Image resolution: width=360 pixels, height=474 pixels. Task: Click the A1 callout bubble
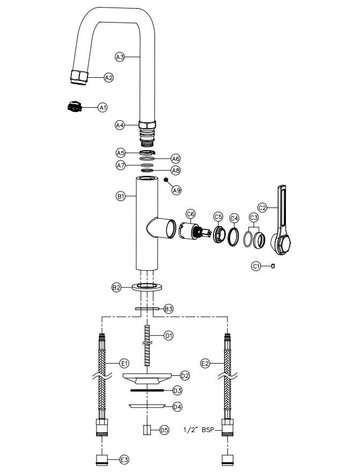coord(102,108)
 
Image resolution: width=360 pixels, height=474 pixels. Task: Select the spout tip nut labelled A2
coord(79,77)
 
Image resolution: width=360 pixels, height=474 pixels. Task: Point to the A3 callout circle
coord(120,56)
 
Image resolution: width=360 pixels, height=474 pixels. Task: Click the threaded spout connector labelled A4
coord(146,132)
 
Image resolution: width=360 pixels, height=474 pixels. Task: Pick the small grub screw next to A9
coord(167,180)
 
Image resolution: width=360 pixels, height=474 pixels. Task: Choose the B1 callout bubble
coord(121,197)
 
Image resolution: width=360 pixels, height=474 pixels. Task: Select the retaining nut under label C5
coord(218,235)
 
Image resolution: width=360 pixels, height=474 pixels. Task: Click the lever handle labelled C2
coord(282,225)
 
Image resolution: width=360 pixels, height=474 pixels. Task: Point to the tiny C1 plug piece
coord(273,265)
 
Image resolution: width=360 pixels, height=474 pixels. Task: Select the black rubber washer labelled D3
coord(146,390)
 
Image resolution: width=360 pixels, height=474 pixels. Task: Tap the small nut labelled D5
coord(147,429)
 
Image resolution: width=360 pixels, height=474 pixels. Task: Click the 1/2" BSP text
coord(199,429)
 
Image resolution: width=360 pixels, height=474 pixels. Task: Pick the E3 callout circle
coord(124,460)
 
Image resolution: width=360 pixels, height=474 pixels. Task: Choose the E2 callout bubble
coord(204,364)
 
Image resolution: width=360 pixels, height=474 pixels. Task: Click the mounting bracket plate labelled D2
coord(147,378)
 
